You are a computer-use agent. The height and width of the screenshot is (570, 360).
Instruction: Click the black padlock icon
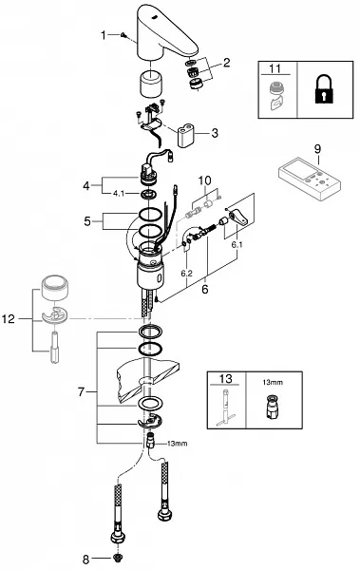(323, 89)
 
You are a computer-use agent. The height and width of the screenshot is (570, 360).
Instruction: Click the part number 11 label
(275, 68)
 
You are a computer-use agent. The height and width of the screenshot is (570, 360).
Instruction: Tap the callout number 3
(215, 133)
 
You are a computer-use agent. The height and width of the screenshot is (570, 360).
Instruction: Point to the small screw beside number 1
(123, 35)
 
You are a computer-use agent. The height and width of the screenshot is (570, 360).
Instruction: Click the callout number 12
(9, 319)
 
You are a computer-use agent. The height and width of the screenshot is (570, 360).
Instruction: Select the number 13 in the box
(225, 378)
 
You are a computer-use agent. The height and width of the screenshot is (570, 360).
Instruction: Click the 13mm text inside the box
(273, 382)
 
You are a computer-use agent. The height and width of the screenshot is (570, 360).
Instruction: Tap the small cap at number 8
(117, 558)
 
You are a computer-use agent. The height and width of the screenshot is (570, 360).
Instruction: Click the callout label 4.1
(119, 194)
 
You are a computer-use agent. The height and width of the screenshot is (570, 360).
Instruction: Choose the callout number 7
(81, 391)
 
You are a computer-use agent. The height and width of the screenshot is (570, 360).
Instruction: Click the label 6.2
(186, 274)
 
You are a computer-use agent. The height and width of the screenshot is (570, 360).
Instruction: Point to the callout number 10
(205, 180)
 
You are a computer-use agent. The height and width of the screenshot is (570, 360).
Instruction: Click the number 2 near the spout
(227, 63)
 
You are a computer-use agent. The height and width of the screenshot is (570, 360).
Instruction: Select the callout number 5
(87, 220)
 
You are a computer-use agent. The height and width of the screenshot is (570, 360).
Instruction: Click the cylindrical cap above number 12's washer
(54, 287)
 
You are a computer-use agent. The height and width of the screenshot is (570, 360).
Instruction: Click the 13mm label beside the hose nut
(177, 443)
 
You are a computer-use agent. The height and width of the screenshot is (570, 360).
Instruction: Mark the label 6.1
(237, 245)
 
